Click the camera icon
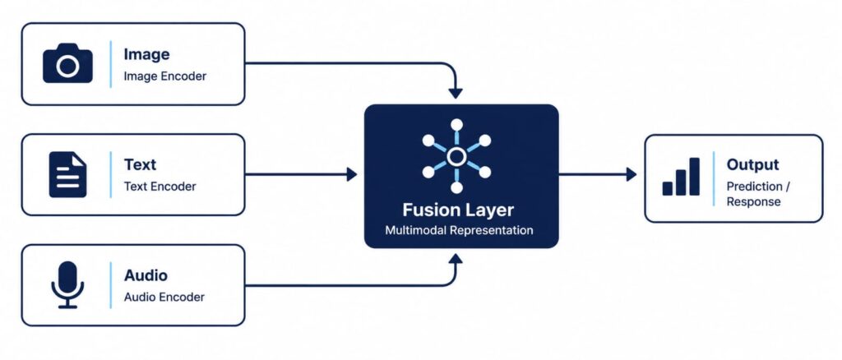click(x=67, y=63)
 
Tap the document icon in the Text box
click(x=67, y=174)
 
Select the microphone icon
click(x=67, y=284)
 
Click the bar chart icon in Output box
click(x=681, y=177)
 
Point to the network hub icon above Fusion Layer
click(x=456, y=156)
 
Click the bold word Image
click(x=146, y=55)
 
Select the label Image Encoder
click(x=164, y=76)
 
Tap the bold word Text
click(x=140, y=164)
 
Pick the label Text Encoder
click(x=160, y=187)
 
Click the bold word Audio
click(x=146, y=275)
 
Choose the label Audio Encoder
click(x=164, y=298)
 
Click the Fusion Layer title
click(x=458, y=210)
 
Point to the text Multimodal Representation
click(x=459, y=231)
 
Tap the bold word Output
click(x=752, y=164)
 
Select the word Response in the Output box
click(x=753, y=202)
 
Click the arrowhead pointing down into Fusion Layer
click(x=456, y=93)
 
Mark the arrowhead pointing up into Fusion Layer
click(x=456, y=261)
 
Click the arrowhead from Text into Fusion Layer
click(x=352, y=174)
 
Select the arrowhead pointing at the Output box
click(x=631, y=174)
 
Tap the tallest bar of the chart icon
click(x=694, y=177)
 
